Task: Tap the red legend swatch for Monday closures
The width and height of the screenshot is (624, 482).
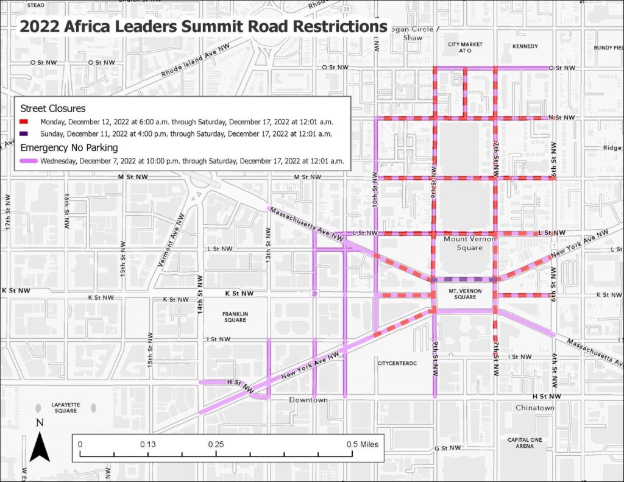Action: click(x=27, y=121)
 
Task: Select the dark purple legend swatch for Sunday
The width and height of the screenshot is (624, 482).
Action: click(x=27, y=133)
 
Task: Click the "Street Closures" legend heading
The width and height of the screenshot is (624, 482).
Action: click(x=52, y=108)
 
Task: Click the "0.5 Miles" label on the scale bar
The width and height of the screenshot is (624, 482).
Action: click(x=363, y=444)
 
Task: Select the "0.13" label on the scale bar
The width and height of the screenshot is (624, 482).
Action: click(x=147, y=444)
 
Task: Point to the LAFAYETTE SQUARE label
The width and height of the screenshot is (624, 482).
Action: click(x=65, y=407)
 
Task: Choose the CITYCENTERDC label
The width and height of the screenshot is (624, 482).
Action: click(x=396, y=363)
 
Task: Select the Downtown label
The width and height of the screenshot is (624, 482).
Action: click(x=308, y=400)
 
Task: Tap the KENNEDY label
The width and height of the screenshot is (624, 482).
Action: click(x=525, y=46)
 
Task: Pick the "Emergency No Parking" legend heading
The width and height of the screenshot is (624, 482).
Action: click(x=69, y=147)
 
